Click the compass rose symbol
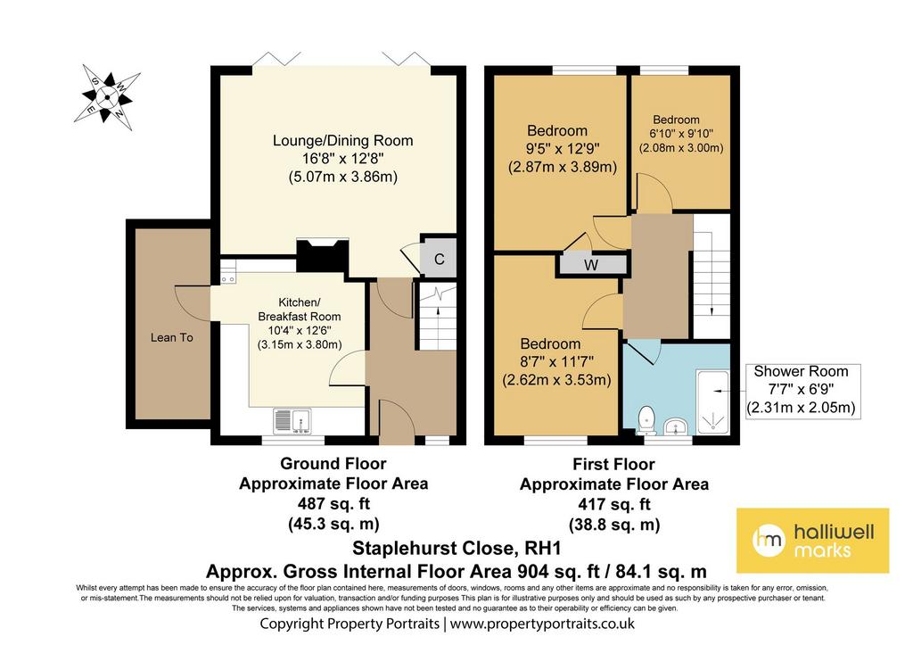click(107, 97)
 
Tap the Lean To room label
click(172, 337)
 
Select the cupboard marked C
click(439, 259)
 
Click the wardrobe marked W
click(592, 265)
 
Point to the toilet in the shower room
click(646, 419)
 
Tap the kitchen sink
click(292, 421)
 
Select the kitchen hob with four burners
click(227, 273)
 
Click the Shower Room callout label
click(802, 389)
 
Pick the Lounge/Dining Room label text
click(343, 140)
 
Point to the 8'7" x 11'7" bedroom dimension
click(556, 362)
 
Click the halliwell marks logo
click(813, 540)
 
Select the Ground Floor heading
click(333, 464)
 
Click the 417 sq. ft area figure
click(614, 504)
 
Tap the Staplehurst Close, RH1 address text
click(456, 549)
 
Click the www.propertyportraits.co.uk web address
click(542, 624)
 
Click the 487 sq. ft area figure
click(333, 503)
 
